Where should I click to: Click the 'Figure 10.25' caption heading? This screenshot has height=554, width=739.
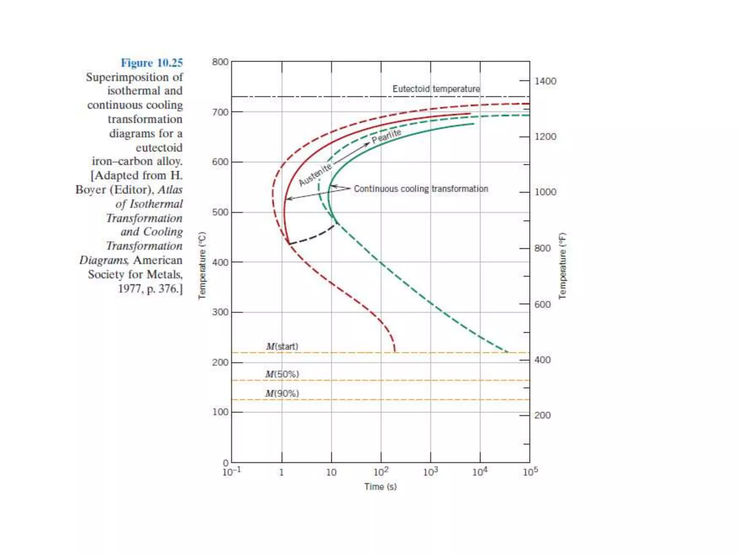(152, 63)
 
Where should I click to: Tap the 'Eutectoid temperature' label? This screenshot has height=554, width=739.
(436, 89)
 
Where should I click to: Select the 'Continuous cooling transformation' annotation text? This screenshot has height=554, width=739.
(421, 189)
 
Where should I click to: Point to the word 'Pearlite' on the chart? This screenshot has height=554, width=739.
(386, 136)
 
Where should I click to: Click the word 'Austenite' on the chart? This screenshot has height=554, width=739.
(315, 175)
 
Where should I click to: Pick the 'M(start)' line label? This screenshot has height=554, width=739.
(282, 346)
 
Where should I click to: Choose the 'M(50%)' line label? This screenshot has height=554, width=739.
(282, 374)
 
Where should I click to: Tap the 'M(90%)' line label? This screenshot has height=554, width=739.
(282, 393)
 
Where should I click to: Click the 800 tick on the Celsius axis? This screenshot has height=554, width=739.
(220, 62)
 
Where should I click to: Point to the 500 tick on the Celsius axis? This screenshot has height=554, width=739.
(220, 212)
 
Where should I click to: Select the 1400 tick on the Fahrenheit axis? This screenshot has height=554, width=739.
(545, 81)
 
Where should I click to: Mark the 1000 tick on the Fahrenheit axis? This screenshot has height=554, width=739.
(545, 192)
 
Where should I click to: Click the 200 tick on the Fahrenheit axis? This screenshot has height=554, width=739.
(542, 415)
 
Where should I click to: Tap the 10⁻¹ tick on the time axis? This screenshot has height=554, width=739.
(232, 472)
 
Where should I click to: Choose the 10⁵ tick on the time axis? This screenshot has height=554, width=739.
(530, 472)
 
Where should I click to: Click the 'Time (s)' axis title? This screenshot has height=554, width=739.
(380, 487)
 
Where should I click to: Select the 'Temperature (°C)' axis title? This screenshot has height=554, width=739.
(202, 265)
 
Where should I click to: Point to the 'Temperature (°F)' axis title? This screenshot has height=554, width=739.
(562, 265)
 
